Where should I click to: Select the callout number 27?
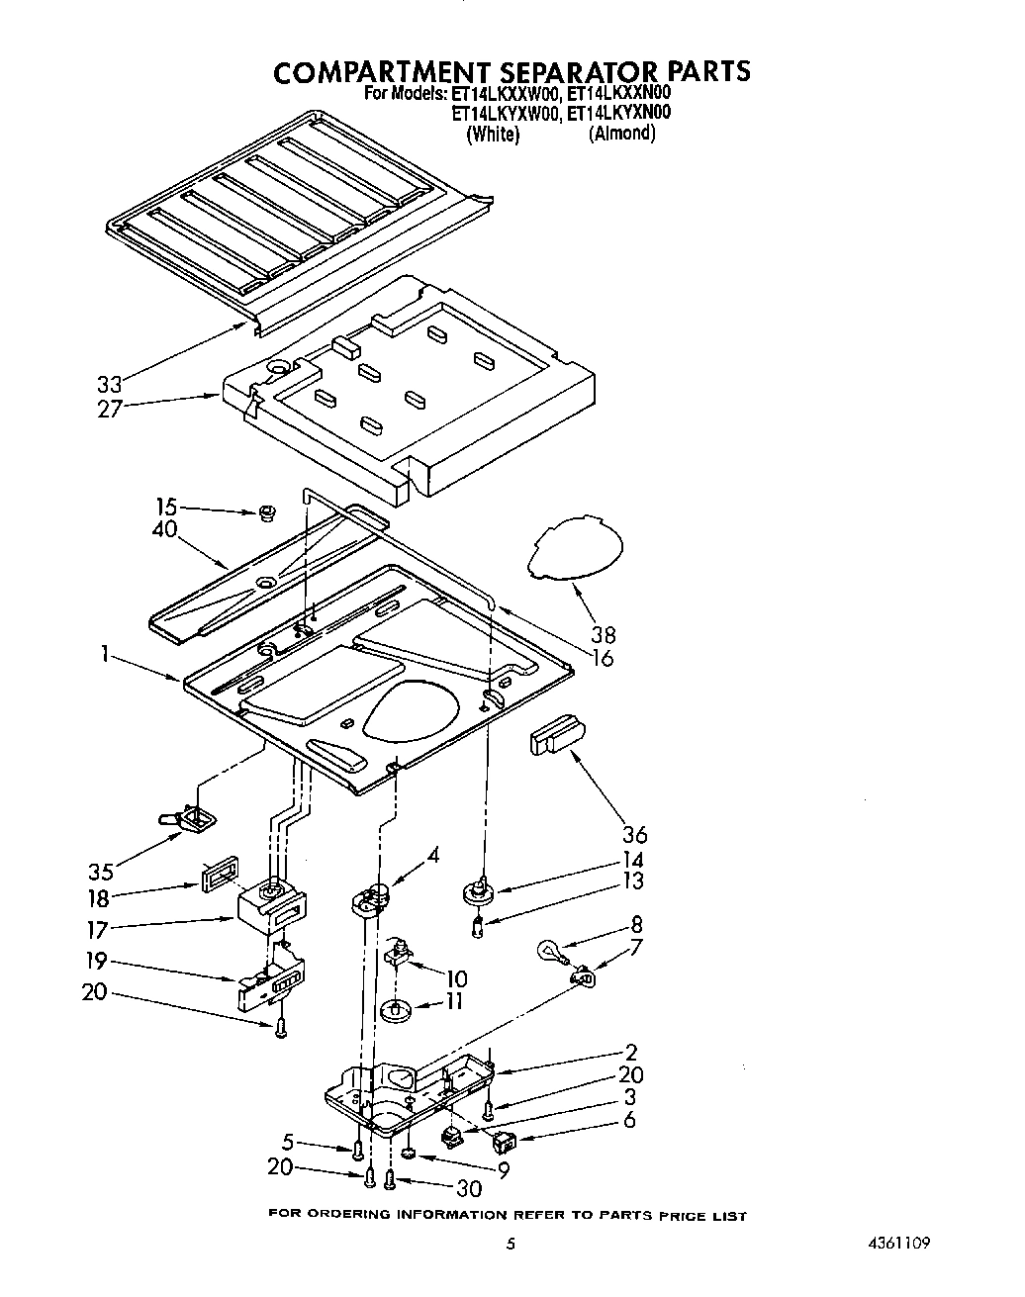110,408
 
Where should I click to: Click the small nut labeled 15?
265,512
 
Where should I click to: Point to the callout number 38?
602,635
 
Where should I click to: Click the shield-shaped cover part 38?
578,550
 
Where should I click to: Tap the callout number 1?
105,654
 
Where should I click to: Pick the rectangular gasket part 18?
219,875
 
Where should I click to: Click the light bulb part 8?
551,952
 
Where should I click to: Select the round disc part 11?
395,1011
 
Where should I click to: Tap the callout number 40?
164,529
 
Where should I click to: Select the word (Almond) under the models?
621,134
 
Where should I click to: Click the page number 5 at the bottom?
511,1245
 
